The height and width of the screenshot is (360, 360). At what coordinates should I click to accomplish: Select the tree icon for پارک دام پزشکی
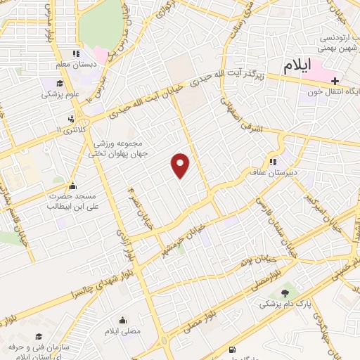tap(284, 293)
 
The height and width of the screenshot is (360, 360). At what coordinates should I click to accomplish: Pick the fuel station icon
tap(233, 350)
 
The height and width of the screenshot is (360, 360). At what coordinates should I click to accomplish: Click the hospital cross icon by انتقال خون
tap(335, 80)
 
